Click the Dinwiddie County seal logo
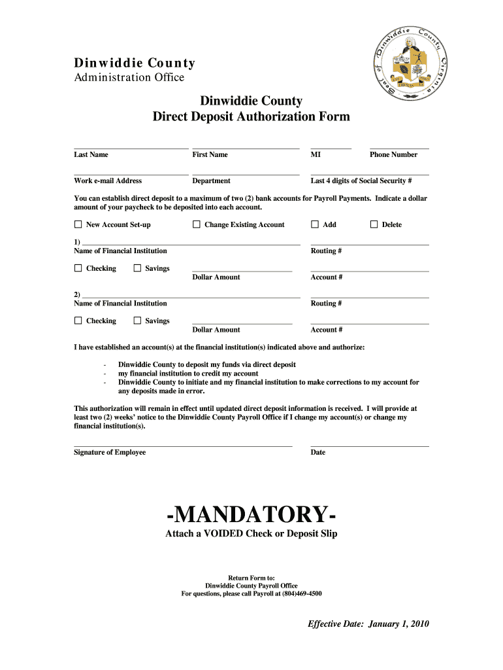[x=410, y=63]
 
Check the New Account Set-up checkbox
[x=78, y=224]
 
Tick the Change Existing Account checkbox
[x=197, y=224]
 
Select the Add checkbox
[x=315, y=224]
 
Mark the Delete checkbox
[x=374, y=224]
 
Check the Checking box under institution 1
[x=78, y=268]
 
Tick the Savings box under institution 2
[x=137, y=321]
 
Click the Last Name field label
[x=91, y=154]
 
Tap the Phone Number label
[x=393, y=154]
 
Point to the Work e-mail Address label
[x=108, y=181]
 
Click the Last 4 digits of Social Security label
[x=361, y=181]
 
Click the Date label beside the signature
[x=318, y=452]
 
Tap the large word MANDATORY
[x=251, y=514]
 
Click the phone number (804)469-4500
[x=302, y=593]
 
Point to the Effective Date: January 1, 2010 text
[x=368, y=624]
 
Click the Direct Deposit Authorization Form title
[x=251, y=116]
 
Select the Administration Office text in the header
[x=129, y=77]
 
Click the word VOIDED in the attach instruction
[x=223, y=533]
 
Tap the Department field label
[x=211, y=181]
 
